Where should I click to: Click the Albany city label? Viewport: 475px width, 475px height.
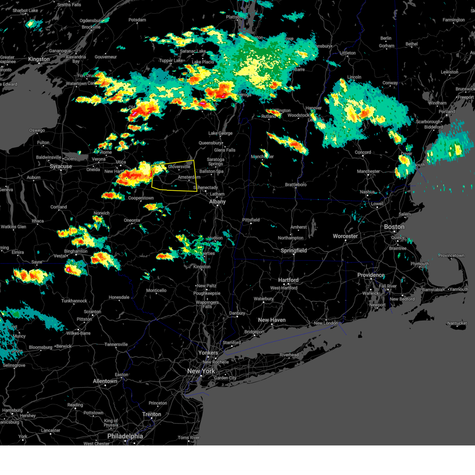[x=217, y=202]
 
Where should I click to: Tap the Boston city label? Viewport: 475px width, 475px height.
[x=394, y=227]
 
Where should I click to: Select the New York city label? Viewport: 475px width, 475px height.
[x=201, y=371]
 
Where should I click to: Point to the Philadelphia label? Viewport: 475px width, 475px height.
[x=125, y=436]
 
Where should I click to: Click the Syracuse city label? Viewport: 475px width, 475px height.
[x=61, y=167]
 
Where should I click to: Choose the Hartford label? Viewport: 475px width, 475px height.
[x=288, y=280]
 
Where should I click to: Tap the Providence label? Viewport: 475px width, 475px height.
[x=371, y=275]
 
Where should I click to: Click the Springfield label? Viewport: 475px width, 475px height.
[x=294, y=251]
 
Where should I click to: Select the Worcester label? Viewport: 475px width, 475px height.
[x=345, y=236]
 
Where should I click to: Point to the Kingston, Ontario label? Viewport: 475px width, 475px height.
[x=39, y=59]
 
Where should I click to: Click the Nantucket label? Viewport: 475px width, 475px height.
[x=457, y=323]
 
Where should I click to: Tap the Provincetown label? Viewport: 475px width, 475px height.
[x=451, y=256]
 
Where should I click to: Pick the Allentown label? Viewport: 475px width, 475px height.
[x=105, y=382]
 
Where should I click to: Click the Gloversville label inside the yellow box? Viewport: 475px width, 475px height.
[x=179, y=167]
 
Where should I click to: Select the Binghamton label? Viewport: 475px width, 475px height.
[x=76, y=251]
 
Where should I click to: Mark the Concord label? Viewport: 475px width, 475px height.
[x=363, y=152]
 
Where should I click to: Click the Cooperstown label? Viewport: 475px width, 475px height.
[x=141, y=198]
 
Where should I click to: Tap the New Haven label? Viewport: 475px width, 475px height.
[x=272, y=320]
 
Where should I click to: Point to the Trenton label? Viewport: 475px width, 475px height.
[x=152, y=414]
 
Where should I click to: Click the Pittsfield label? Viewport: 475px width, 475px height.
[x=251, y=220]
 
